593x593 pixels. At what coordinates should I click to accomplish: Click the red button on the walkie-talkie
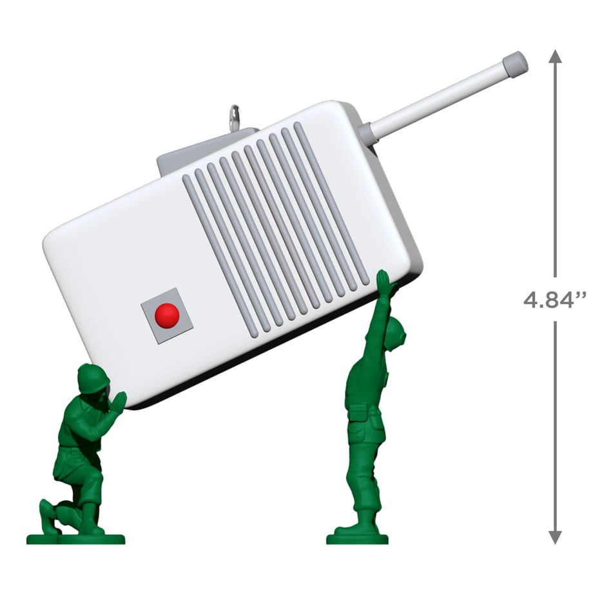coord(167,315)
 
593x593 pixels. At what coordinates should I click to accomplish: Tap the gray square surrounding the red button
coord(167,315)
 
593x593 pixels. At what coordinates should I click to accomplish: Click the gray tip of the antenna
coord(515,66)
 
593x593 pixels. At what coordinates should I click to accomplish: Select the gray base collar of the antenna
coord(367,134)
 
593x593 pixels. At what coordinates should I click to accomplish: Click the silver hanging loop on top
coord(235,116)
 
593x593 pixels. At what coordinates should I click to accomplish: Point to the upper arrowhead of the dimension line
coord(555,56)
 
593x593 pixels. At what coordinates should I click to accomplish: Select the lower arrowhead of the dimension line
coord(555,537)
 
